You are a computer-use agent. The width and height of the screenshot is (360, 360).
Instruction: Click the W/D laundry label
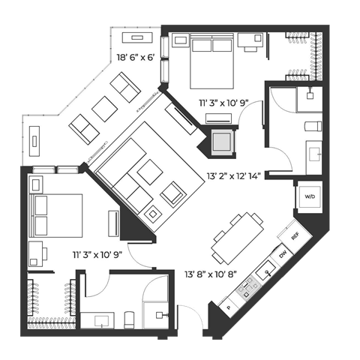310,196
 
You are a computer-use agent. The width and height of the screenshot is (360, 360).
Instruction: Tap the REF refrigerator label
295,235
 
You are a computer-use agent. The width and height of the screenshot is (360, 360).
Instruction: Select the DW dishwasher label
283,255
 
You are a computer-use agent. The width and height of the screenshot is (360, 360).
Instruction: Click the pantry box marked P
229,307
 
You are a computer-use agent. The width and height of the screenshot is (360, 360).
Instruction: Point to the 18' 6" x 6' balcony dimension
135,58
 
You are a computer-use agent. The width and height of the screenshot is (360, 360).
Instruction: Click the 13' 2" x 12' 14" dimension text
234,176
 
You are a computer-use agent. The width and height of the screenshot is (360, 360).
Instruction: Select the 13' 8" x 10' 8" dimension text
211,274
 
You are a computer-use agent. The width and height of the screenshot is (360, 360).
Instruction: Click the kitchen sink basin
266,271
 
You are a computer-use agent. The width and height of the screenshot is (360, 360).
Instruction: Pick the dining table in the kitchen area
238,238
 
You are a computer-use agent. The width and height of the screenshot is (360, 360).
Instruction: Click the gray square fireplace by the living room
222,142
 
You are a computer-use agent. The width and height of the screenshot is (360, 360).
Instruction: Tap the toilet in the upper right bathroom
313,126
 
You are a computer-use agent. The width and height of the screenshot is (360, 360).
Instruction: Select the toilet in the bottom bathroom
129,319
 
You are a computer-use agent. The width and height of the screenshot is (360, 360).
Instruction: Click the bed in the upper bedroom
211,61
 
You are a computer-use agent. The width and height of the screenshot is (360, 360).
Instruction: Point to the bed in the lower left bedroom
55,215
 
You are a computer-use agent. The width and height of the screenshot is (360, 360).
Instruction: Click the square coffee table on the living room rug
150,172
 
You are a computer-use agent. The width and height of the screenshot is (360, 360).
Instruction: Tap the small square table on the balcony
105,109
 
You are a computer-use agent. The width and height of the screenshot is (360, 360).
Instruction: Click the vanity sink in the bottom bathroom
101,321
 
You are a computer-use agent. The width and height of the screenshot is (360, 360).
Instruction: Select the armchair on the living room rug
173,194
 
